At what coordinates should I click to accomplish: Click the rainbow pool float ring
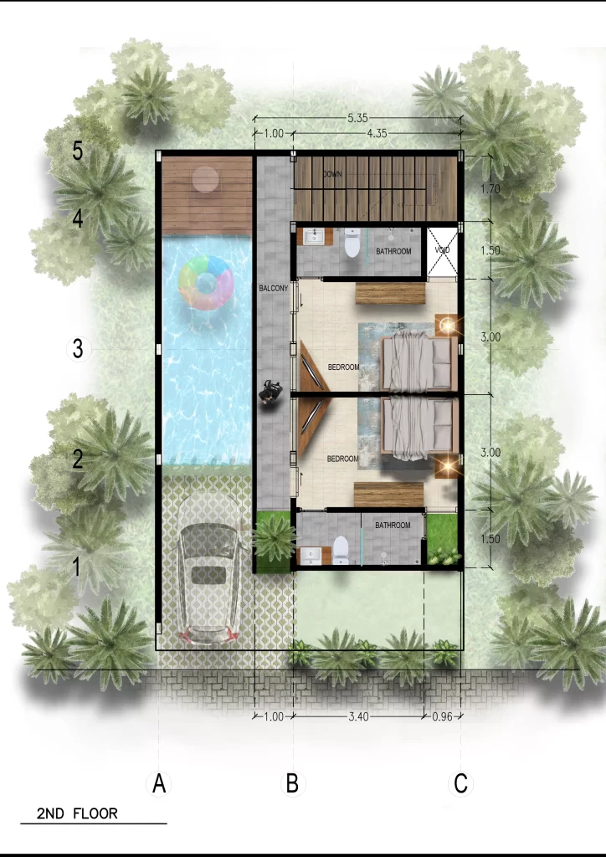tap(205, 283)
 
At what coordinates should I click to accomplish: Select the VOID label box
tap(443, 251)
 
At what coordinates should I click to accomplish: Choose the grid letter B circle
tap(292, 784)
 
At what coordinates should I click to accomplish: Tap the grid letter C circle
tap(460, 784)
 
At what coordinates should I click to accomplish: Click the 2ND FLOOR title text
tap(77, 813)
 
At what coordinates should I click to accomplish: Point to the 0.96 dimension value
tap(441, 716)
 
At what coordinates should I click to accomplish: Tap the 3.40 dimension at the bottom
tap(357, 716)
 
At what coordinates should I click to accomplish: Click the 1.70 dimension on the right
tap(491, 190)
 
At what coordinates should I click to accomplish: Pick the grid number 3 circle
tap(78, 349)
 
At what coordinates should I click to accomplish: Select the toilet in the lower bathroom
tap(341, 550)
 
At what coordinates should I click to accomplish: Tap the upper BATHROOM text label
tap(393, 251)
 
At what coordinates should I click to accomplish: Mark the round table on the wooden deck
tap(204, 178)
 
